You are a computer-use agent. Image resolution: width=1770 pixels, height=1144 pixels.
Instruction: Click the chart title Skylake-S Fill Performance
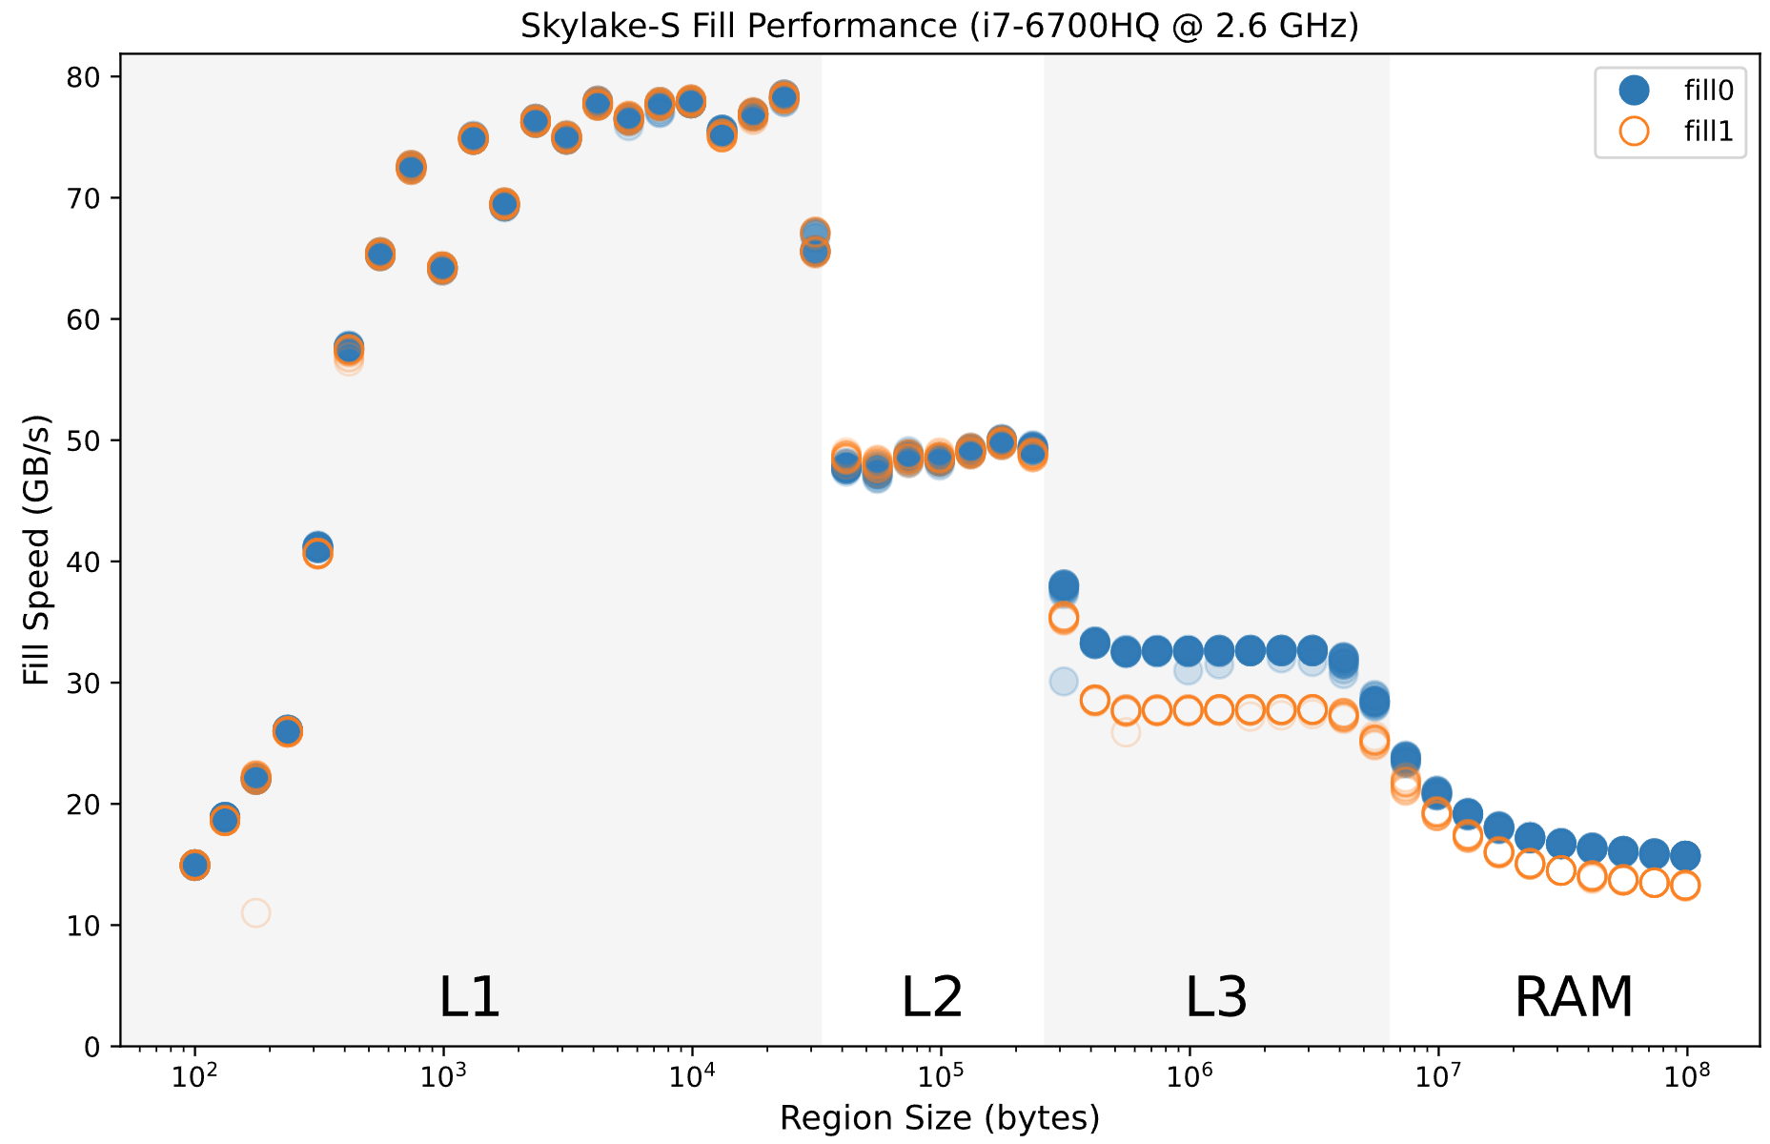[939, 26]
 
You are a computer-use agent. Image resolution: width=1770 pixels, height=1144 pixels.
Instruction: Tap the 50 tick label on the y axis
[85, 440]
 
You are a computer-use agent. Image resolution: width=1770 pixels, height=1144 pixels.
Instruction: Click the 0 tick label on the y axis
[92, 1047]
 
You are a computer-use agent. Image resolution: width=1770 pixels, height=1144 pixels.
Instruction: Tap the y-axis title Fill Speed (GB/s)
[36, 550]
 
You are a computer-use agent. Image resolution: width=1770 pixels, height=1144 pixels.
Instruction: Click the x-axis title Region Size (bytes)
[939, 1118]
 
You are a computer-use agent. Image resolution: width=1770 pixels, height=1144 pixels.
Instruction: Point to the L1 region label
[469, 997]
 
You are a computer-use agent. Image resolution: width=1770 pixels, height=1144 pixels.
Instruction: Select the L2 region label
[931, 997]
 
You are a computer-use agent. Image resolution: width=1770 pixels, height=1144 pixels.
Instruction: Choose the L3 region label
[1215, 997]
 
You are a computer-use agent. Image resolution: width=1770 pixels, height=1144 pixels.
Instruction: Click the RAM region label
[1574, 997]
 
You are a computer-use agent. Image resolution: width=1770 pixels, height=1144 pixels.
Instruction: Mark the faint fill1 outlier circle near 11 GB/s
[255, 913]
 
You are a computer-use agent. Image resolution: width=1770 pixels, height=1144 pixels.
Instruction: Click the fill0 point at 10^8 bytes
[1685, 856]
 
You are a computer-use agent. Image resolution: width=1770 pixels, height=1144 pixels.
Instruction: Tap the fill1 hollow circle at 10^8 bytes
[1685, 886]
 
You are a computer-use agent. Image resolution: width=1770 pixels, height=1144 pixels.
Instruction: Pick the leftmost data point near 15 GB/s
[194, 866]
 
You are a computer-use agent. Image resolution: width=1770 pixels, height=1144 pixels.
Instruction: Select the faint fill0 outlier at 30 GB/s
[1064, 682]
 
